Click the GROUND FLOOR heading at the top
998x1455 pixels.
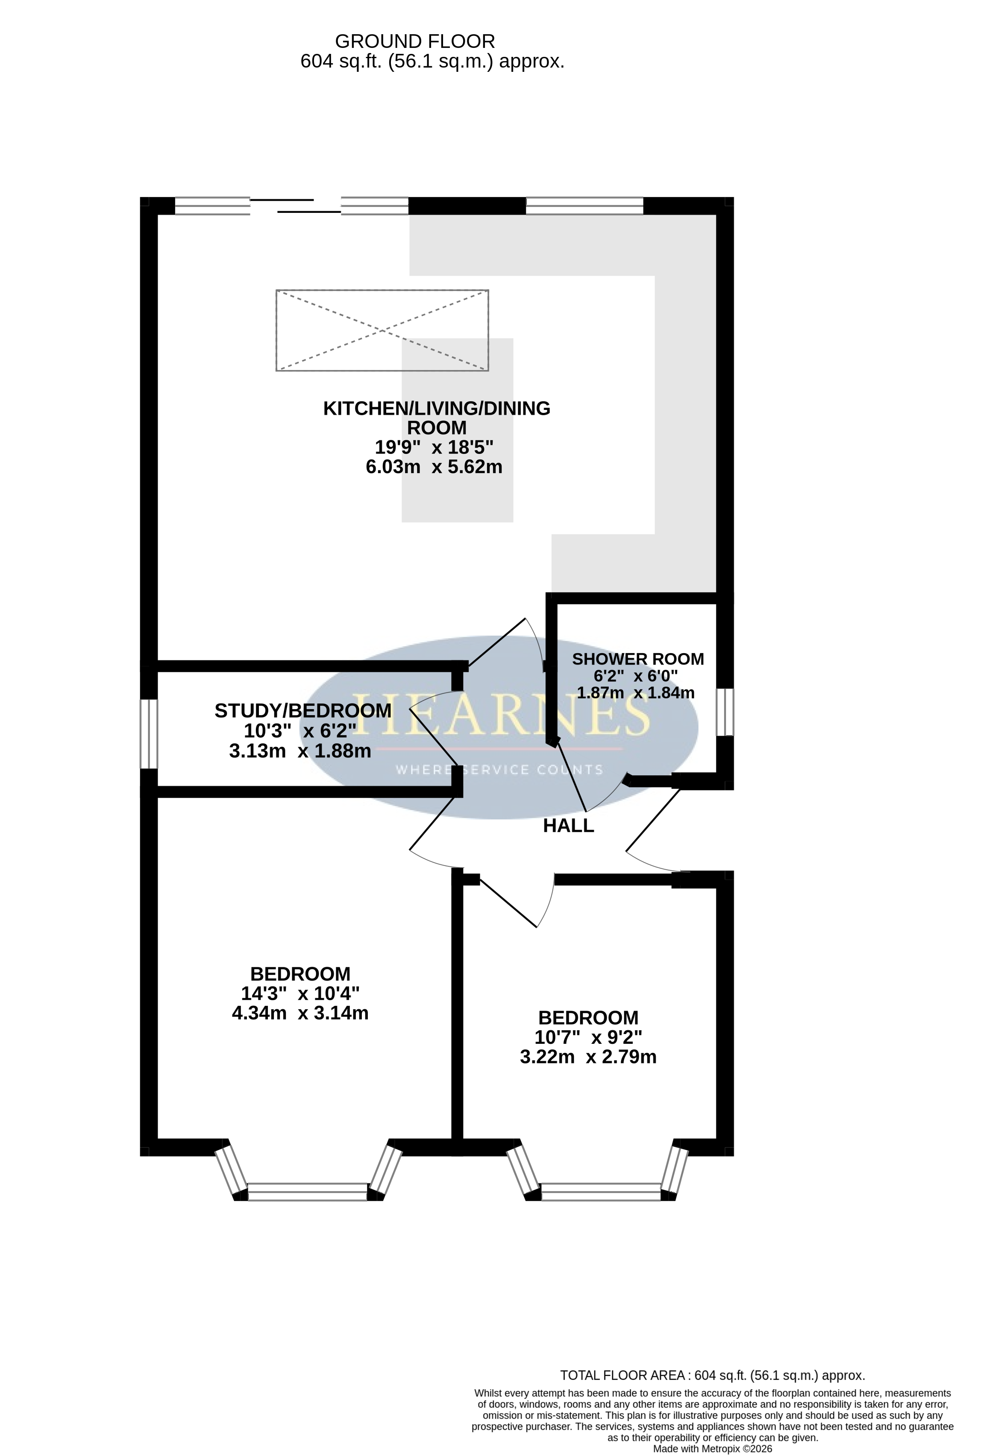point(415,41)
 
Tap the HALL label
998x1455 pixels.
point(568,826)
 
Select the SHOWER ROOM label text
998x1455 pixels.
point(637,659)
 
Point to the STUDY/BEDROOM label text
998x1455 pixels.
point(303,710)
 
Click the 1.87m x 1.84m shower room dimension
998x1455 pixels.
point(636,692)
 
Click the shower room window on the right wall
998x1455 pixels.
point(725,712)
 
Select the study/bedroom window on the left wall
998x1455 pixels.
point(149,734)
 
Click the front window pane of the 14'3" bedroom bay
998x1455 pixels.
point(308,1191)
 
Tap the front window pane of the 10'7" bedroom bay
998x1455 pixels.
point(601,1191)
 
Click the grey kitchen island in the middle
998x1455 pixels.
point(458,430)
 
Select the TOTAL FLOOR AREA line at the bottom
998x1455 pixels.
point(713,1375)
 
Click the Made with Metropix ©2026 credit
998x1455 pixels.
point(713,1449)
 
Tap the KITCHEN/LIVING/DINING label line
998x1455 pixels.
point(437,408)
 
